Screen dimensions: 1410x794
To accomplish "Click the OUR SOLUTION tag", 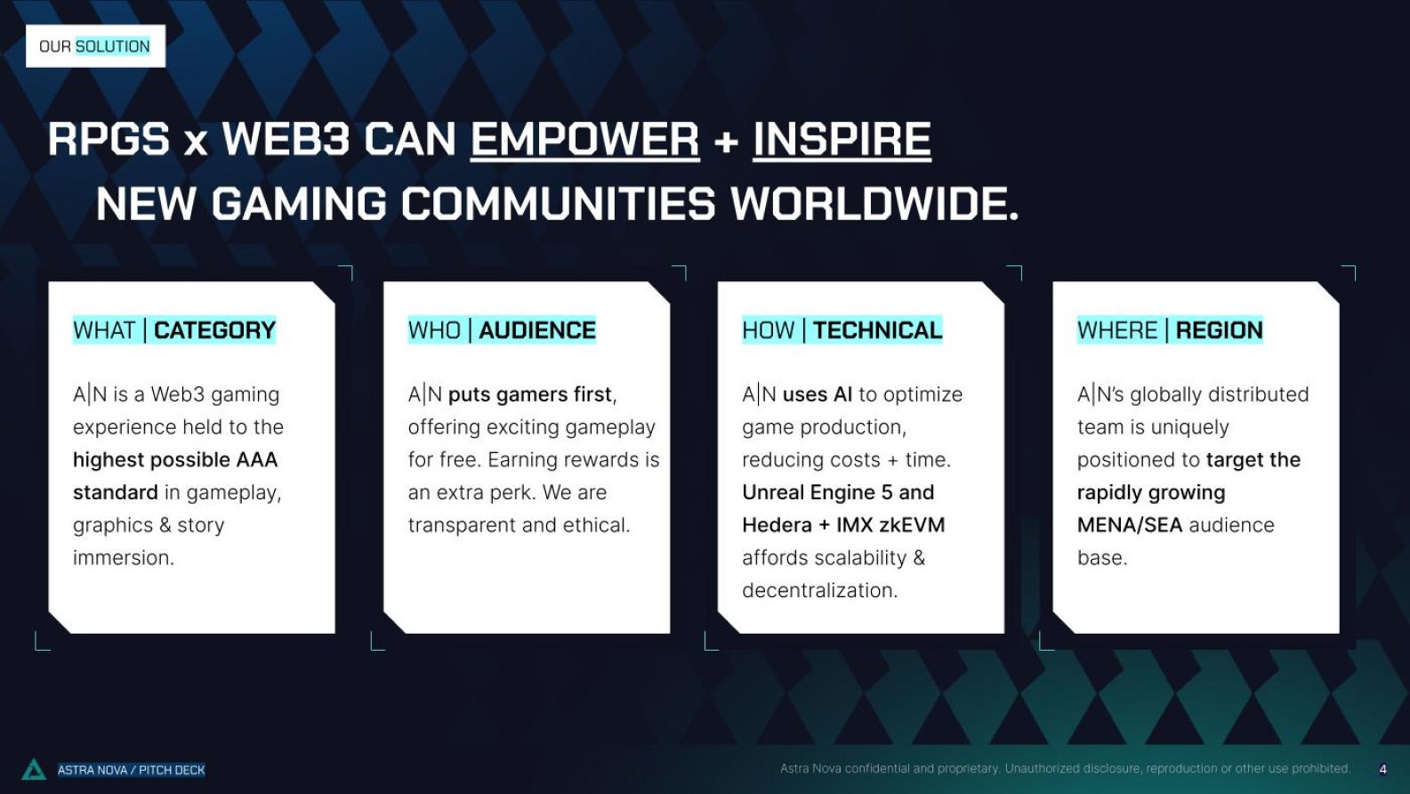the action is [95, 46].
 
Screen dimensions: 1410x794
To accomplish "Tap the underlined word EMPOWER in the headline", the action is [584, 139].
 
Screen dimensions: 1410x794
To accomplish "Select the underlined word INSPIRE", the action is [842, 139].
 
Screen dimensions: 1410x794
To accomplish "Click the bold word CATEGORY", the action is [214, 330].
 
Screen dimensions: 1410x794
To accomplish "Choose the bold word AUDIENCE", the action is [537, 330].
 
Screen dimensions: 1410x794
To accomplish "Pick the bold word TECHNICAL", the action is [877, 330].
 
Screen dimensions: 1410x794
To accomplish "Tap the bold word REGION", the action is [1219, 330].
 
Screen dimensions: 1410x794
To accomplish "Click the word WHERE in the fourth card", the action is [1117, 330].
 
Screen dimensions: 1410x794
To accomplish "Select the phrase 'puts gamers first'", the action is [529, 395].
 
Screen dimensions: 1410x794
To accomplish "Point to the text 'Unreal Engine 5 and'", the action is [838, 492].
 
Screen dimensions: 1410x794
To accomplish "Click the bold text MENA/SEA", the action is [1130, 525].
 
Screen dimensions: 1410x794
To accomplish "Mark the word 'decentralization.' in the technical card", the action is [819, 591].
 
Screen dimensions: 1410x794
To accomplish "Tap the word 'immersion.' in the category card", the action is [124, 558].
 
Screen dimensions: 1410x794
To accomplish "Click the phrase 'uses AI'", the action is [817, 395].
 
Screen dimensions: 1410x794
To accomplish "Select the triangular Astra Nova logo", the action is [34, 769].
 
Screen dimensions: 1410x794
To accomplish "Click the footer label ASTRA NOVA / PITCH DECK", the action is [131, 770].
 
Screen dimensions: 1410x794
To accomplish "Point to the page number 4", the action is [1382, 769].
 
